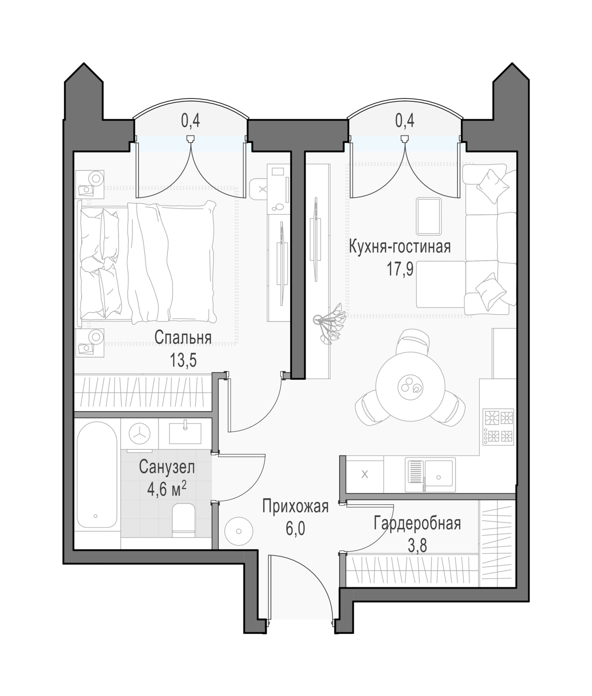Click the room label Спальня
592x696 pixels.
click(x=183, y=338)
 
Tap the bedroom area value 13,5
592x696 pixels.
click(x=183, y=361)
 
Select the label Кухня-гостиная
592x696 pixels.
click(x=400, y=247)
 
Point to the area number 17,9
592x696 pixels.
click(x=400, y=270)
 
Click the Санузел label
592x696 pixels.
click(x=167, y=467)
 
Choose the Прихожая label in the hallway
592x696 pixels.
click(x=296, y=506)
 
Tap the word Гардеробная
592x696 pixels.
click(x=417, y=523)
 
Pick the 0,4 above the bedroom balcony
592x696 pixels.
click(x=191, y=121)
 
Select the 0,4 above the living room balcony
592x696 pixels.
click(x=405, y=121)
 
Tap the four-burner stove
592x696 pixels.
click(x=499, y=427)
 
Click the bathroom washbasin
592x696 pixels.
click(x=185, y=433)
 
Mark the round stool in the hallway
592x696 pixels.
click(x=239, y=531)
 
